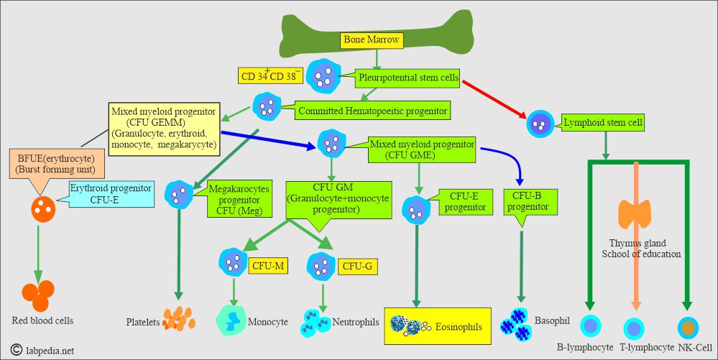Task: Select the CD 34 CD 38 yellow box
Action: [x=270, y=75]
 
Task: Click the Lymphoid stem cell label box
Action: [x=603, y=123]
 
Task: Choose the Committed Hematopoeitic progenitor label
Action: [x=372, y=111]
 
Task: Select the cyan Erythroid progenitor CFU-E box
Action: [x=111, y=194]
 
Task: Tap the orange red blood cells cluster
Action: [x=37, y=291]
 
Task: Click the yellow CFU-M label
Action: [x=268, y=266]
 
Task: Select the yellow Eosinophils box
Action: [x=438, y=326]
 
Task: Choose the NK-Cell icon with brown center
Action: [x=689, y=327]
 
